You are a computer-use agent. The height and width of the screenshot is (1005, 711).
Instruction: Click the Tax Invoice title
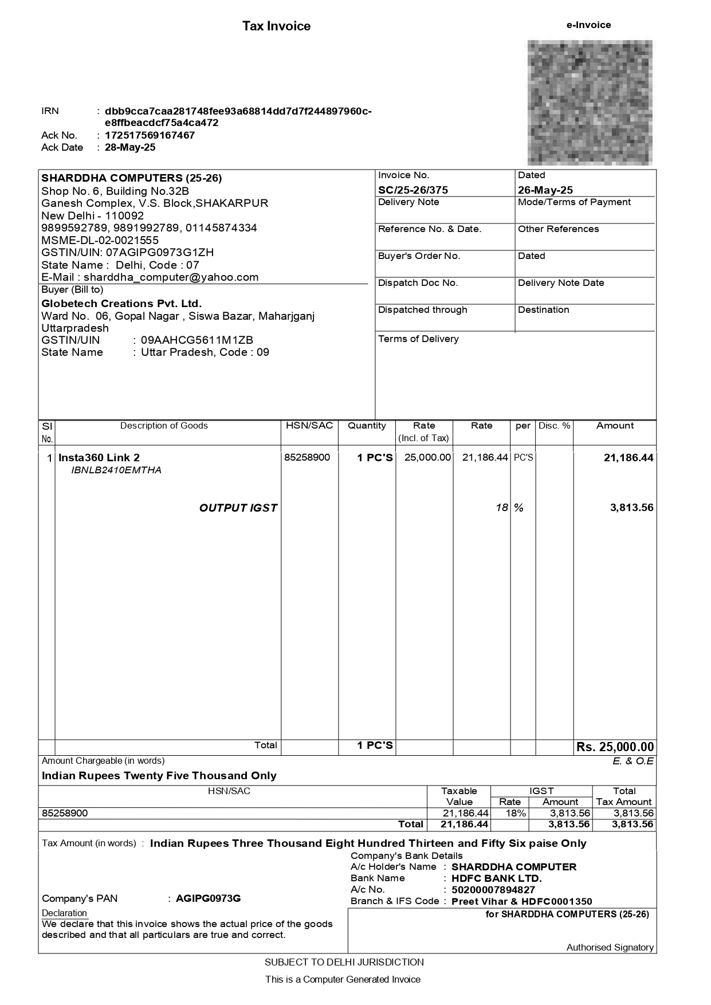276,26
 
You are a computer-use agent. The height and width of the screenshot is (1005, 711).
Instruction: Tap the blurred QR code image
590,102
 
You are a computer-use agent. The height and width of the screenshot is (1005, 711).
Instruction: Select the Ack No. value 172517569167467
150,135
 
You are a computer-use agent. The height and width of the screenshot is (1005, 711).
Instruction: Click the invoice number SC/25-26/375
413,190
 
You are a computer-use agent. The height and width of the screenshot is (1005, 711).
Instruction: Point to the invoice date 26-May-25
545,190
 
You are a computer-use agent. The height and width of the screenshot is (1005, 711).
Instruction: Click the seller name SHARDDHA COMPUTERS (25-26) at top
131,178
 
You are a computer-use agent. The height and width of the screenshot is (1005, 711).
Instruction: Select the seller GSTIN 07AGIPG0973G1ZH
159,252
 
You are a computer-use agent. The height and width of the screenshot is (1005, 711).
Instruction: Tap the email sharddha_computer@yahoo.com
171,277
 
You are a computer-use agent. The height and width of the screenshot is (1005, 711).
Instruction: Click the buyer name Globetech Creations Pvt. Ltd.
121,303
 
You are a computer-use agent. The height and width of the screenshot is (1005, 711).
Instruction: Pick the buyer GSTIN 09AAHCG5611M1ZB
197,340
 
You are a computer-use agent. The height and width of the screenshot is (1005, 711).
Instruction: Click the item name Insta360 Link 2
99,457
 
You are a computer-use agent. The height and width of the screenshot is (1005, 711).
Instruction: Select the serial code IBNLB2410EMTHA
116,470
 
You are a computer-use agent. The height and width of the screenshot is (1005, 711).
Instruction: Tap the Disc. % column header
554,426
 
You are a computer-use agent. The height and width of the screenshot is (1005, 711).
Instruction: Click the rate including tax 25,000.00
427,457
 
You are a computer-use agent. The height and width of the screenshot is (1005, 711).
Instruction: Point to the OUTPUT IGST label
238,508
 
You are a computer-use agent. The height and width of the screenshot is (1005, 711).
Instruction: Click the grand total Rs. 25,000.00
615,747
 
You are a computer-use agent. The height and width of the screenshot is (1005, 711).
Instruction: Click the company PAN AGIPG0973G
208,898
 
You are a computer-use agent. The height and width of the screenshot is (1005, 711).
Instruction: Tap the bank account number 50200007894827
493,889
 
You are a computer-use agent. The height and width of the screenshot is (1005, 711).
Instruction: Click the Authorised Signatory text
610,947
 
